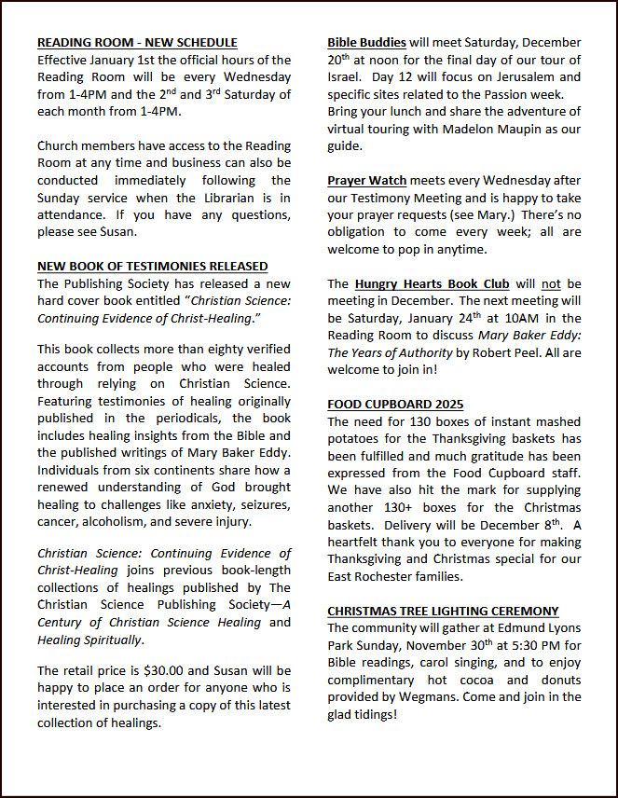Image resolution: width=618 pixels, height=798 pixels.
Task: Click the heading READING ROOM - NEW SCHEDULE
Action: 137,43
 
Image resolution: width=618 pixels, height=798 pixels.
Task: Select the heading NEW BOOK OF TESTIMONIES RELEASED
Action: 152,267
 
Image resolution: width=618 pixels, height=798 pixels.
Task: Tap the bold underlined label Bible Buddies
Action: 366,43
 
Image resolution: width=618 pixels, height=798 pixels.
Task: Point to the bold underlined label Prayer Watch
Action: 366,181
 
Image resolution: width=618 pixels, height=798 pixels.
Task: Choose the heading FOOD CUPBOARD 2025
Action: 395,405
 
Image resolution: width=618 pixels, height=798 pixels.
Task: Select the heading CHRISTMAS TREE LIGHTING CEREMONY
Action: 443,612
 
